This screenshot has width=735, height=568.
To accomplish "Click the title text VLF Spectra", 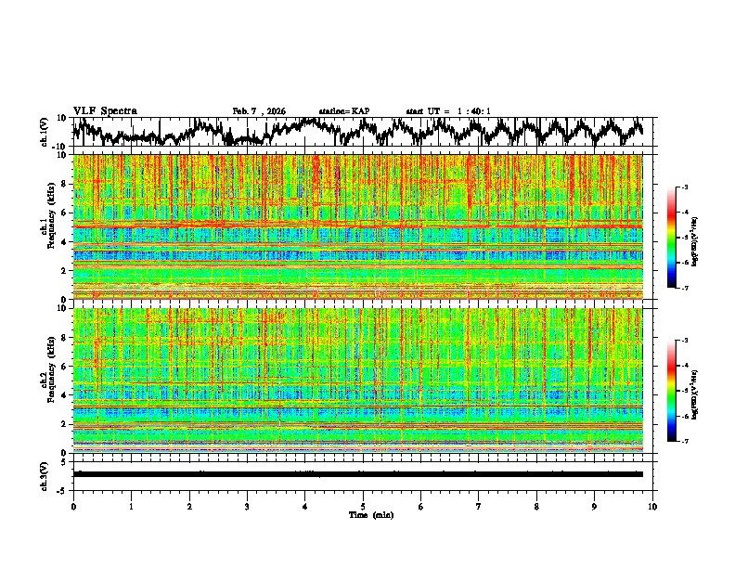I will click(105, 110).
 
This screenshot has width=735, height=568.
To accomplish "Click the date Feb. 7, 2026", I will click(259, 111).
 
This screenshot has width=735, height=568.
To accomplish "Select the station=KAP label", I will click(344, 111).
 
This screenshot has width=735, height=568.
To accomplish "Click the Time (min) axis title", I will click(370, 514).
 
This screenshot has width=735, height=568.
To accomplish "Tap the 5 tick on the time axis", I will click(363, 507).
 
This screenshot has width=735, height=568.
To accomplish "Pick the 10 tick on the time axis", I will click(652, 507).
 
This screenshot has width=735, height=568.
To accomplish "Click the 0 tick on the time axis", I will click(73, 507).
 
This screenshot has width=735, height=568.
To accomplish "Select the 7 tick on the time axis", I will click(479, 507).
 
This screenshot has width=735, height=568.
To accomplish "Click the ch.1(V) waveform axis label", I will click(45, 132).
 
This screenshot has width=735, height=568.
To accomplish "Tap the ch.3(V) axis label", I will click(45, 473).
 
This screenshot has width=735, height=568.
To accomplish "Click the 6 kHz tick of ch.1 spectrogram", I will click(65, 213).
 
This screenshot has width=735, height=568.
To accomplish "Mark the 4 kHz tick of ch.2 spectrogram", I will click(65, 395).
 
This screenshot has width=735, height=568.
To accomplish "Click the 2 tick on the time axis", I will click(189, 507).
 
